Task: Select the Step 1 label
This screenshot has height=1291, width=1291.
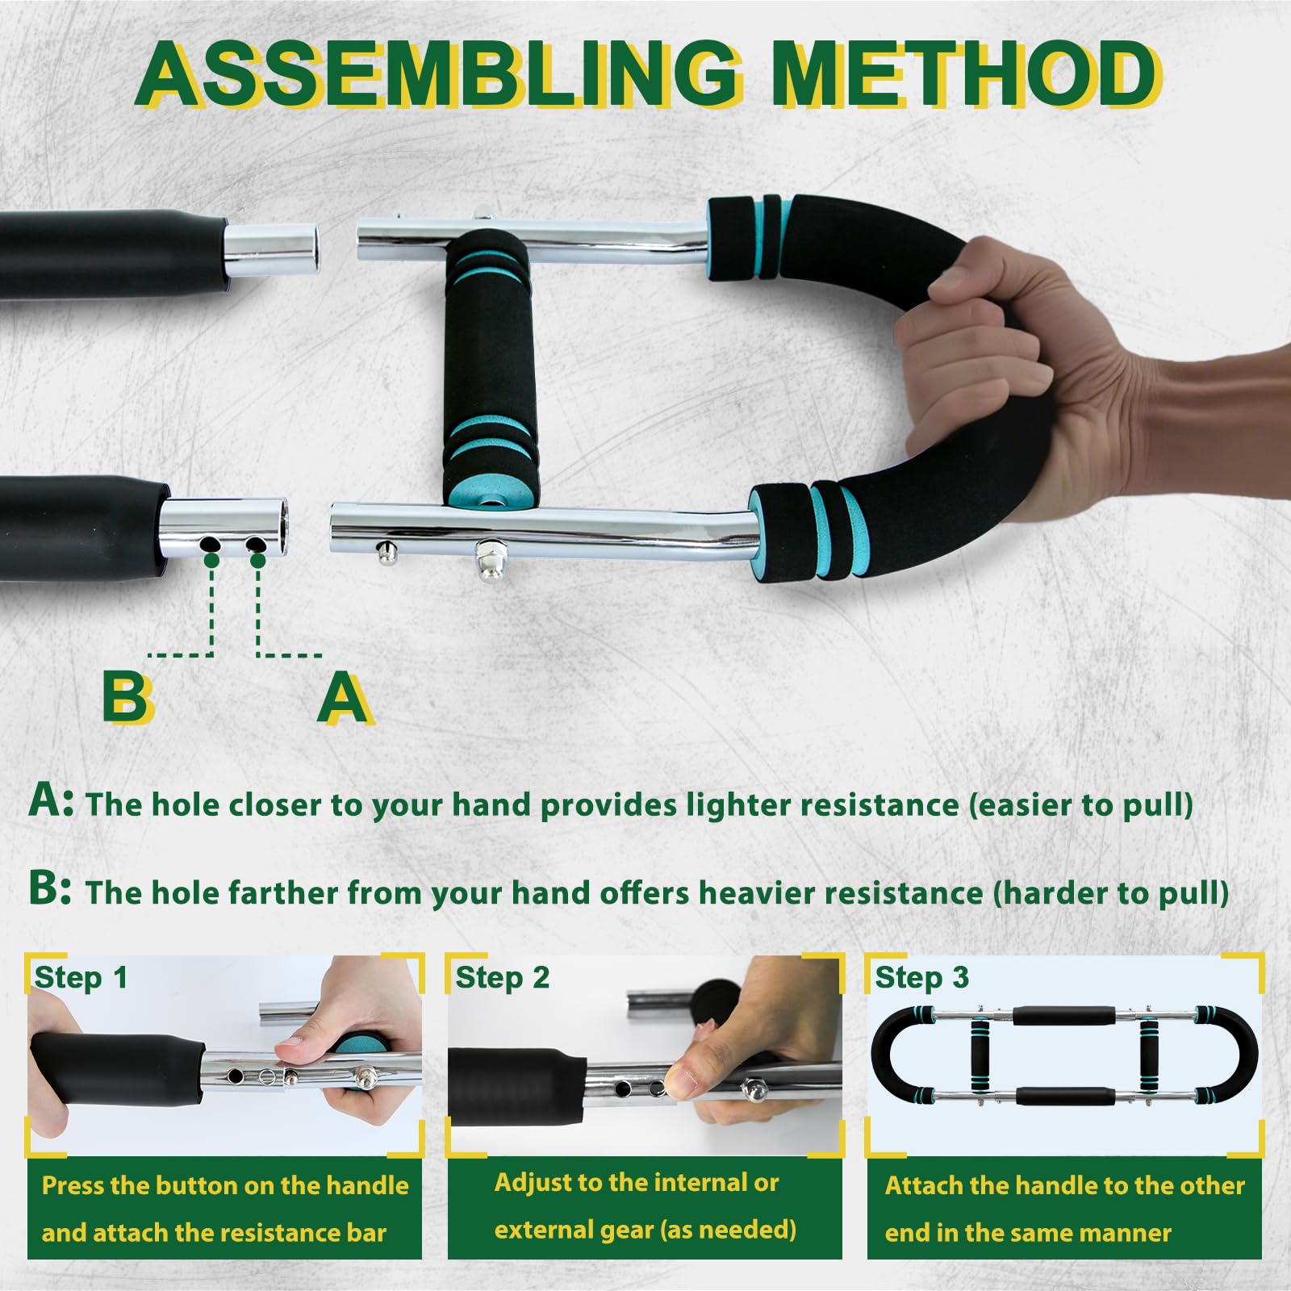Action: click(81, 978)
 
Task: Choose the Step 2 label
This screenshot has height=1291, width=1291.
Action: click(502, 978)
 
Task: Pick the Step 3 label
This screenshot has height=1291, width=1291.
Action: click(921, 978)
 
